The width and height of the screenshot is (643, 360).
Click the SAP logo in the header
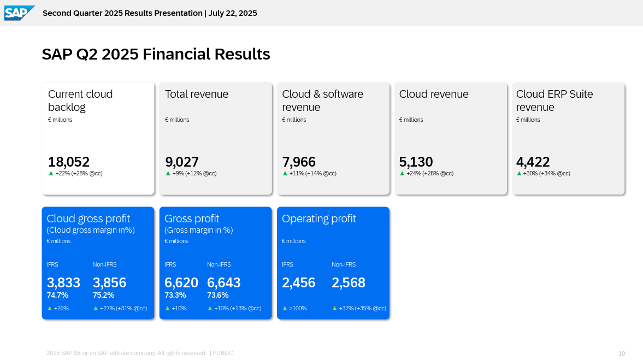19,13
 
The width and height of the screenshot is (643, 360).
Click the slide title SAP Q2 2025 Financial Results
156,54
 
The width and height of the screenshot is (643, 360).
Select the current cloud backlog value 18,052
69,162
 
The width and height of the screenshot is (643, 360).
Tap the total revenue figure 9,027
182,162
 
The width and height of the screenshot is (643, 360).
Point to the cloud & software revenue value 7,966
299,162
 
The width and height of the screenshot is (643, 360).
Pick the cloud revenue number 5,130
416,162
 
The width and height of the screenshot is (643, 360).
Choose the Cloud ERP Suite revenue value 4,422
533,162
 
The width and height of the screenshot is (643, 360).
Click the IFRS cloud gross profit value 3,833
63,282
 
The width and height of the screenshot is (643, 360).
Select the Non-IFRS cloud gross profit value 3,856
109,282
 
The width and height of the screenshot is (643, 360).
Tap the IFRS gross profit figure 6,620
181,282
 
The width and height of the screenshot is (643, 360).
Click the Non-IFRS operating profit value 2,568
349,282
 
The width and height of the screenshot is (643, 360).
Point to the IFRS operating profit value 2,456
298,282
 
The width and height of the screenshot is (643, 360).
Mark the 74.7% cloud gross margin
57,295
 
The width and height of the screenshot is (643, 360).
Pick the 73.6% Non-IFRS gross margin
217,295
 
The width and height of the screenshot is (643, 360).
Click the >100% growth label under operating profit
298,308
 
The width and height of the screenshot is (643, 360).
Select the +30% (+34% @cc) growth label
546,174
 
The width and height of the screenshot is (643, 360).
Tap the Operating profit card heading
318,219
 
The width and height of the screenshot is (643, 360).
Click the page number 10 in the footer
622,353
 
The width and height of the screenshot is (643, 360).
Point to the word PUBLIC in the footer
222,353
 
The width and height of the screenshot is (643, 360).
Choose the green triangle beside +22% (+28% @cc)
51,173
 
